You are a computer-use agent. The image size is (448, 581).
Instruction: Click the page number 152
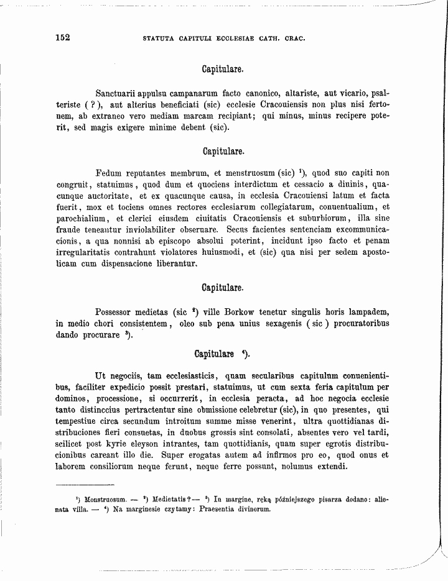pos(62,37)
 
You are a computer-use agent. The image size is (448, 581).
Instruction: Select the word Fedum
pos(109,173)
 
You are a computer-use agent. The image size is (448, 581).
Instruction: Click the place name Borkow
pos(243,312)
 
